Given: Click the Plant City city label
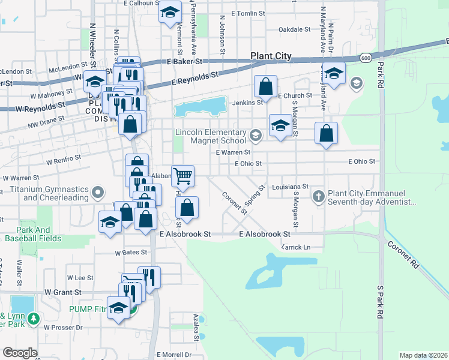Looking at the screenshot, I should pos(271,56).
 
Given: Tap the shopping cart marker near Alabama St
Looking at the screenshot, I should pos(182,176).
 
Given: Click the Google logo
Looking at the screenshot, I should pos(20,353).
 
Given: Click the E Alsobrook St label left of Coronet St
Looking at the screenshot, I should pos(185,234).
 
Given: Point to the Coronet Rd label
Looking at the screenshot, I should pos(402,254).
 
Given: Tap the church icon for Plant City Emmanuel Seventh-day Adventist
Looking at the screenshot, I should pos(319,196).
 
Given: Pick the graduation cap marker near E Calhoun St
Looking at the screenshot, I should pos(170,11).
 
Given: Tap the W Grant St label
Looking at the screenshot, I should pos(62,292).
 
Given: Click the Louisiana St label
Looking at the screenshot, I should pos(290,187).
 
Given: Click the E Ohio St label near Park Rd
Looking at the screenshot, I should pos(361,161).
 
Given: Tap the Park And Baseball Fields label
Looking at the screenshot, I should pos(28,234).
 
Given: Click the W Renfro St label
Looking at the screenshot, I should pos(64,160).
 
